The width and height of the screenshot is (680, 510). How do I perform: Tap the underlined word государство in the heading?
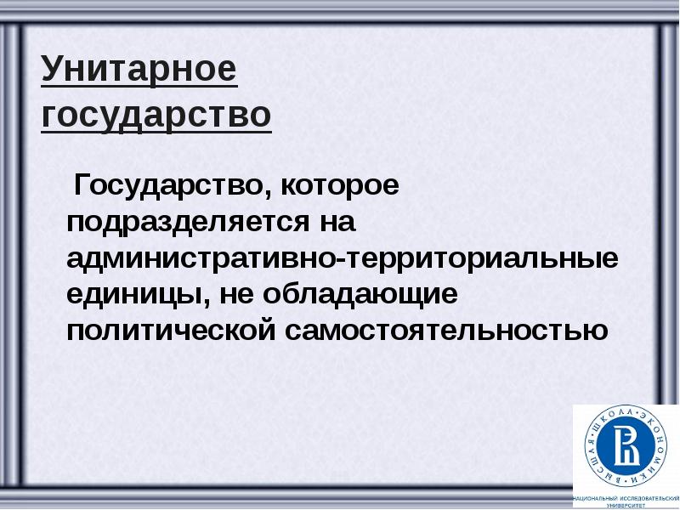156,115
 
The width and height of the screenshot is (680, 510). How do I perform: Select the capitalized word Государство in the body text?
169,184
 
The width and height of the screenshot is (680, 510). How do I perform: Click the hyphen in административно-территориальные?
340,259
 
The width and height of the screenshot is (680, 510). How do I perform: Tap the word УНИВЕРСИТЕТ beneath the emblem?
626,504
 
